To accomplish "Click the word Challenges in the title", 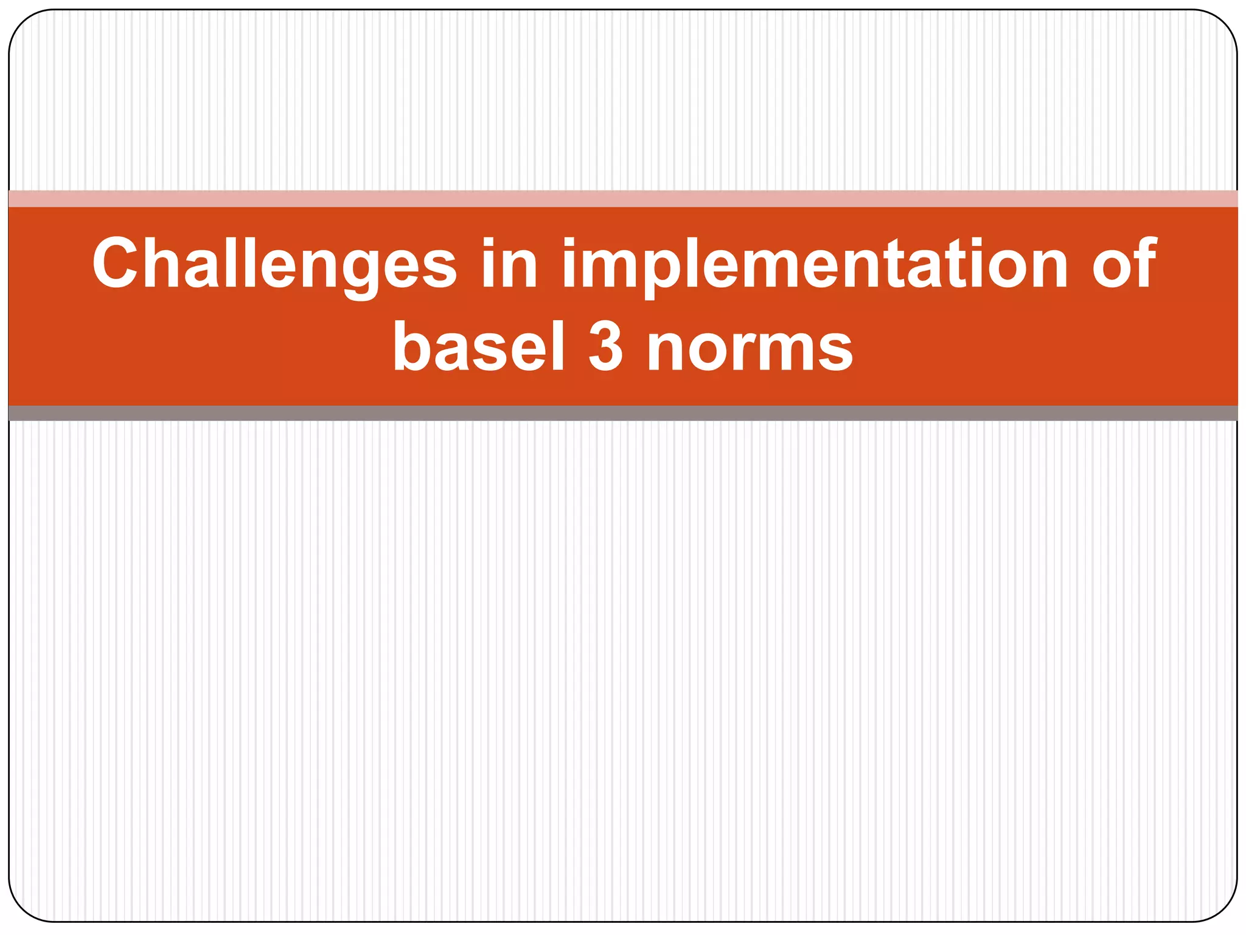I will coord(274,264).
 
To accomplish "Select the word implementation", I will coord(814,264).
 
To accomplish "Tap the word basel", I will coord(479,347).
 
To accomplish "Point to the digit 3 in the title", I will coord(606,347).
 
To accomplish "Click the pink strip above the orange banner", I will coord(623,198).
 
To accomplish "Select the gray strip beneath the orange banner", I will coord(623,413).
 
